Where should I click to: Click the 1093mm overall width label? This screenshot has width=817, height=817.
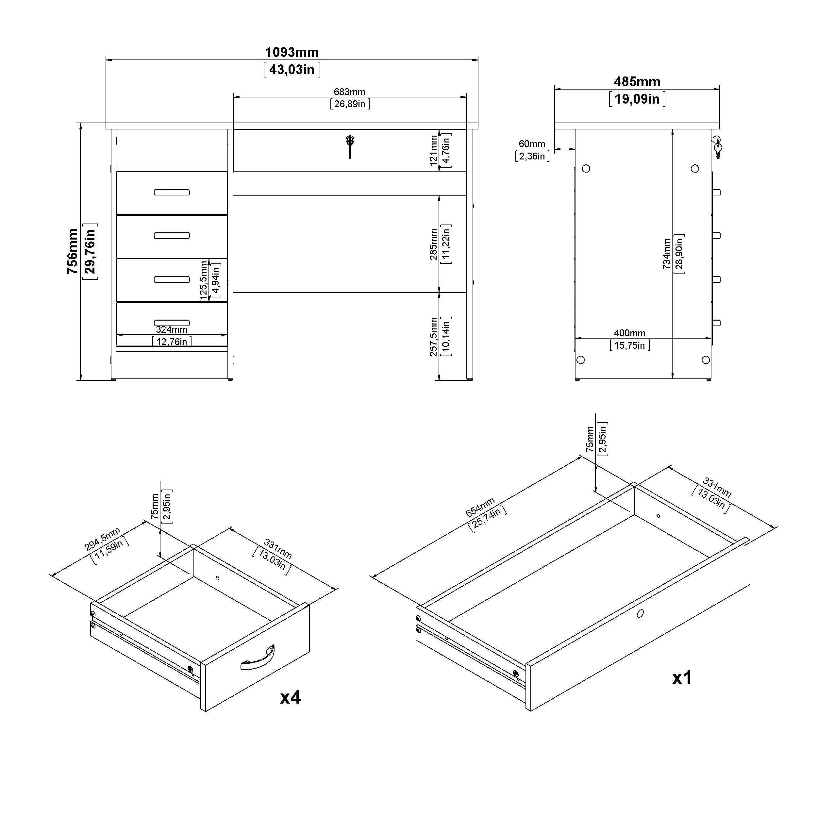pyautogui.click(x=292, y=52)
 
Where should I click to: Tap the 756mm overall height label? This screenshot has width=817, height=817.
pyautogui.click(x=73, y=251)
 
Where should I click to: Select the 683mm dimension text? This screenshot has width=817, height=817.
pyautogui.click(x=349, y=92)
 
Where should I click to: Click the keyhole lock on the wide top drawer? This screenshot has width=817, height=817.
pyautogui.click(x=350, y=141)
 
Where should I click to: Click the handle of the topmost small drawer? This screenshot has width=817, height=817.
pyautogui.click(x=172, y=192)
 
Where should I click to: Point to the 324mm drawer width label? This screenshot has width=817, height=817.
pyautogui.click(x=171, y=329)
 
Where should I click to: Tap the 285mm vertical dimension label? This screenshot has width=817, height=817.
pyautogui.click(x=433, y=244)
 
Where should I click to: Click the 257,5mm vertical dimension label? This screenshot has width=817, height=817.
pyautogui.click(x=433, y=337)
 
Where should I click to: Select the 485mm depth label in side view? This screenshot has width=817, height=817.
pyautogui.click(x=637, y=82)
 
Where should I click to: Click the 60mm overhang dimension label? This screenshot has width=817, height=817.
pyautogui.click(x=532, y=144)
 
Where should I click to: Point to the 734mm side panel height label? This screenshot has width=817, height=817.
pyautogui.click(x=667, y=254)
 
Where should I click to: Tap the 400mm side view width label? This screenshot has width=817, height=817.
pyautogui.click(x=630, y=333)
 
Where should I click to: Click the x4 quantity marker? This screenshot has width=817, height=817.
pyautogui.click(x=290, y=697)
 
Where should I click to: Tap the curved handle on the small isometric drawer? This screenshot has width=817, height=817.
pyautogui.click(x=258, y=659)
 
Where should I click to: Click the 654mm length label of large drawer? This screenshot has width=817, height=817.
pyautogui.click(x=480, y=508)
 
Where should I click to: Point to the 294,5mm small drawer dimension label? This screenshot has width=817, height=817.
pyautogui.click(x=102, y=539)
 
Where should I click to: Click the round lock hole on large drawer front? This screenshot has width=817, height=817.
pyautogui.click(x=640, y=613)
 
